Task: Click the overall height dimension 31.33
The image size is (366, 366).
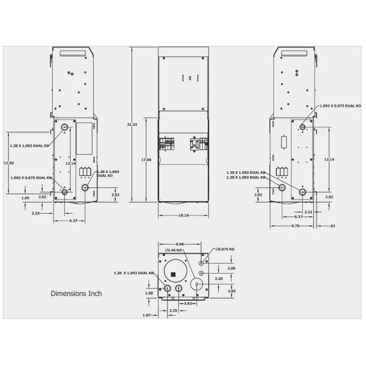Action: (x=133, y=124)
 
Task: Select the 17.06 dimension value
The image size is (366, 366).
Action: (x=146, y=160)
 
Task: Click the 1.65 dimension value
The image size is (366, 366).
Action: (x=25, y=198)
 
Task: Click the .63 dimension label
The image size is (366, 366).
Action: (x=332, y=226)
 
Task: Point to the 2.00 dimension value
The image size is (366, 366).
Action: (x=231, y=268)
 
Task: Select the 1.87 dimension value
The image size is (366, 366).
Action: (x=146, y=315)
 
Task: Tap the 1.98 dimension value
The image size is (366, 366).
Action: (x=149, y=293)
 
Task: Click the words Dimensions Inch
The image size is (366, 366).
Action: (x=76, y=293)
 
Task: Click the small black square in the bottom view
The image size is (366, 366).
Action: (x=173, y=274)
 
